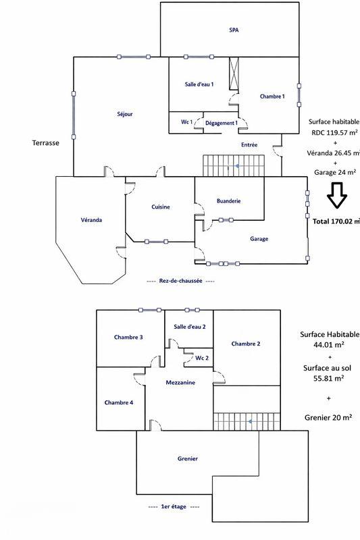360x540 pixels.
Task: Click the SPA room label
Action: [x=234, y=30]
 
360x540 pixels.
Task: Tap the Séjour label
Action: [x=125, y=114]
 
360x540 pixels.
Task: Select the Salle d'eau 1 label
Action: [x=199, y=84]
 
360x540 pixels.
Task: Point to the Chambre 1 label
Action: [x=272, y=97]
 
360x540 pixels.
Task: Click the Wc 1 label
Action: [x=186, y=122]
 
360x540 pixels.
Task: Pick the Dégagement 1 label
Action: [x=222, y=123]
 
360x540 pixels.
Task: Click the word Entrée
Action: [x=249, y=145]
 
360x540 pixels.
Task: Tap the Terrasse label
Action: [x=46, y=142]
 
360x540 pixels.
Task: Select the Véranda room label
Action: [x=91, y=220]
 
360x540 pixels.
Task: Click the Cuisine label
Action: [x=161, y=207]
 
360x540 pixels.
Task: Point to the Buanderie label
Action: [x=229, y=200]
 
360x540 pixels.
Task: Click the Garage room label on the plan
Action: [x=259, y=239]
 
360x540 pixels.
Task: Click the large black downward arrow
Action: [x=337, y=195]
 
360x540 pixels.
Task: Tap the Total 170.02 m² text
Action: [x=336, y=221]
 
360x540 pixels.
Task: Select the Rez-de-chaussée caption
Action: [x=180, y=281]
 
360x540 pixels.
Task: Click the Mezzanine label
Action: [x=180, y=382]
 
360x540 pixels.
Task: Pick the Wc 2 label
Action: [x=202, y=358]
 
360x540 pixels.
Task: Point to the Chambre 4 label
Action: [x=119, y=402]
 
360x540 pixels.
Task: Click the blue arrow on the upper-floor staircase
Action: [x=250, y=421]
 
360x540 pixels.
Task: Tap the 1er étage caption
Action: [x=174, y=507]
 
